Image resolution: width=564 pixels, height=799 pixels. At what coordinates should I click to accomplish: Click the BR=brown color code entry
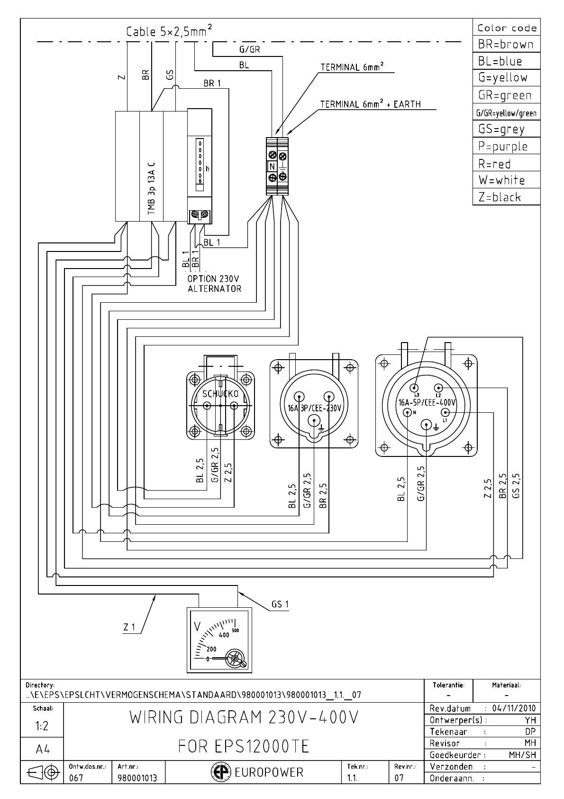coord(506,45)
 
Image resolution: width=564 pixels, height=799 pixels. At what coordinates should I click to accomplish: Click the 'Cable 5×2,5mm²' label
coord(169,31)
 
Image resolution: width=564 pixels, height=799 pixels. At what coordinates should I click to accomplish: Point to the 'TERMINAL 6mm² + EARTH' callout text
coord(370,104)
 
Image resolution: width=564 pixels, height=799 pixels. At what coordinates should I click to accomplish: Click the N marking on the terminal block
coord(272,167)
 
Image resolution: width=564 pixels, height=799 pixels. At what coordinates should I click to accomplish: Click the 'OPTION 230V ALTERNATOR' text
coord(214,284)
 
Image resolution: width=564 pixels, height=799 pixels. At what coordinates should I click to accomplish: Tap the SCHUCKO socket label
coord(220,394)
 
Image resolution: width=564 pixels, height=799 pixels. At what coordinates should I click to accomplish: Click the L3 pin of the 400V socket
coord(416,387)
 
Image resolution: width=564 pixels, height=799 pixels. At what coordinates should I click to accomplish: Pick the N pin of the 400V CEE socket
coord(408,412)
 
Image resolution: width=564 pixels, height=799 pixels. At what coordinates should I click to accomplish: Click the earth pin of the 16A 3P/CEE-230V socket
coord(313,420)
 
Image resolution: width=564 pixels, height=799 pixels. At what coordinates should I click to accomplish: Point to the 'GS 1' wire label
coord(280,604)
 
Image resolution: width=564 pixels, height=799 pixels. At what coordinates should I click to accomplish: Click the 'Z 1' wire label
coord(129,627)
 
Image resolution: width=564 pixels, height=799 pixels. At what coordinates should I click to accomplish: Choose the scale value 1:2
coord(42,726)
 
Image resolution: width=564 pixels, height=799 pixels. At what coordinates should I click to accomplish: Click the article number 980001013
coord(137,778)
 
